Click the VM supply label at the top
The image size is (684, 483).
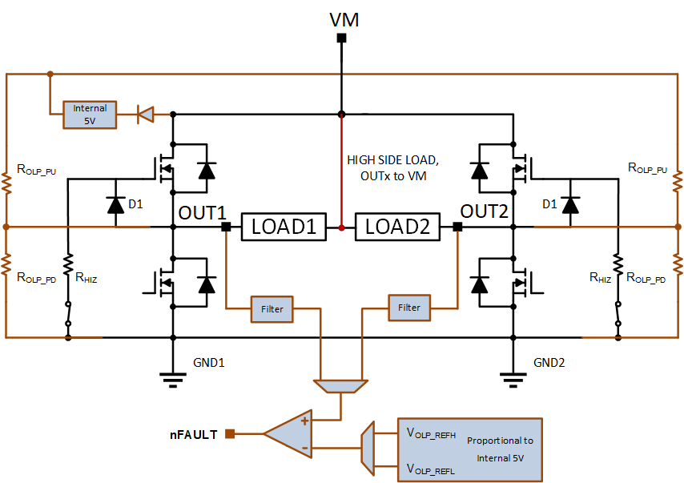click(344, 20)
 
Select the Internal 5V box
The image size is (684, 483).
click(90, 115)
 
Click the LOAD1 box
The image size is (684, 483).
click(284, 227)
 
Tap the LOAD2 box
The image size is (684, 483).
click(397, 227)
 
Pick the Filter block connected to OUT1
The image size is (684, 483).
click(272, 309)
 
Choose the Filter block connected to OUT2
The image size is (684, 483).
click(409, 308)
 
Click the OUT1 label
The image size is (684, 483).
click(203, 213)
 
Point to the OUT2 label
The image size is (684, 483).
click(485, 211)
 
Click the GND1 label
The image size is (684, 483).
click(209, 363)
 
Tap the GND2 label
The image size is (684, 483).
click(549, 363)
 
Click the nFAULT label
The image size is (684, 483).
click(194, 435)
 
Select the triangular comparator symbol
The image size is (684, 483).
click(288, 433)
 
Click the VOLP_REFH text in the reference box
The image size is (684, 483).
click(431, 433)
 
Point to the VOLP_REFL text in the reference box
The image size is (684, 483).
click(431, 469)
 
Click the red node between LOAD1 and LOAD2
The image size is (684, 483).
click(341, 227)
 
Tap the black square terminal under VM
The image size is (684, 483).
click(341, 38)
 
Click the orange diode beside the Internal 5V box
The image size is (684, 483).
click(146, 115)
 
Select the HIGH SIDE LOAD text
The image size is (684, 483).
click(392, 160)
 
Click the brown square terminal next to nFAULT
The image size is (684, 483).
click(230, 433)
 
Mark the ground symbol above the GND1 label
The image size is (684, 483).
click(173, 380)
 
